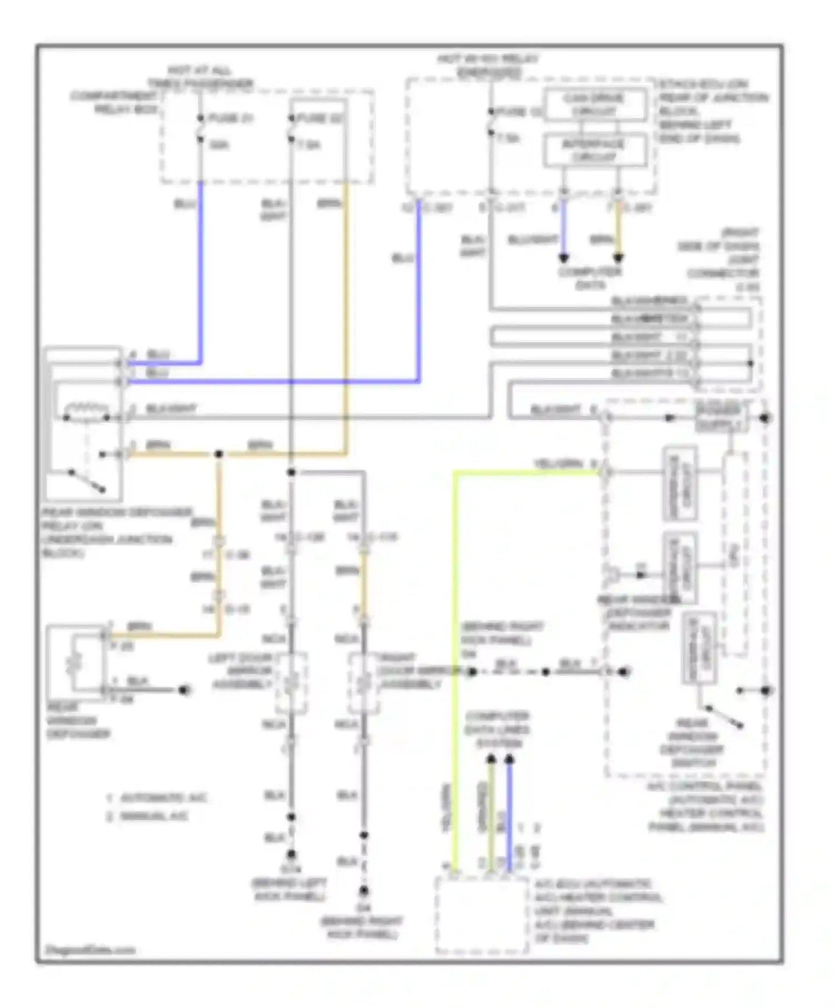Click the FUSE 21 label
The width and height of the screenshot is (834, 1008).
coord(230,118)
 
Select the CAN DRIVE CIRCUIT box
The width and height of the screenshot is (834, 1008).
coord(594,104)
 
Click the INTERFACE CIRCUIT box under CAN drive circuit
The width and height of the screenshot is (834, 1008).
coord(594,150)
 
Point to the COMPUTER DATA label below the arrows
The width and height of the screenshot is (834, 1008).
coord(590,278)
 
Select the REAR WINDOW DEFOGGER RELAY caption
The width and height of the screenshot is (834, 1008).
coord(117,532)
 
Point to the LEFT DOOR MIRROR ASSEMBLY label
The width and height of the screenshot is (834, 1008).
coord(241,671)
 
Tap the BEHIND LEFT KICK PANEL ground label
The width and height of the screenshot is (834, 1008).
coord(289,890)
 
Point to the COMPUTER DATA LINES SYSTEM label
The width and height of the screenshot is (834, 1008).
coord(497,730)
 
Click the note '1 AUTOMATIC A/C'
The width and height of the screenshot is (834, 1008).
coord(157,798)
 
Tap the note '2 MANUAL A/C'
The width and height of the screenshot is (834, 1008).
coord(148,816)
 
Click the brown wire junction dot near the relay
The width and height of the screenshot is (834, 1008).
coord(219,455)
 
